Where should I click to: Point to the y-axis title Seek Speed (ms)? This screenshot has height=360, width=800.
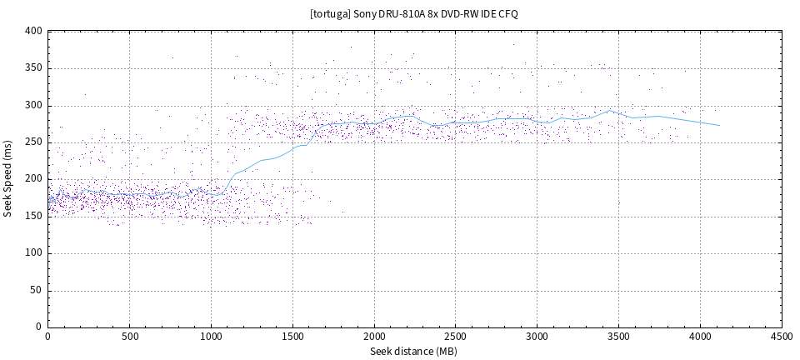tap(8, 179)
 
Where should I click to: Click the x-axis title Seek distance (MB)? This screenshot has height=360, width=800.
tap(414, 351)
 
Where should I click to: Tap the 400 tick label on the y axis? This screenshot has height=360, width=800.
tap(33, 31)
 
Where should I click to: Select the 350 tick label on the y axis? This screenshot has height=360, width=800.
tap(33, 68)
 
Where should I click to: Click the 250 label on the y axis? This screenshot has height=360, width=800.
tap(33, 142)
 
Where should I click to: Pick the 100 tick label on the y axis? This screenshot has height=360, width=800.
tap(33, 253)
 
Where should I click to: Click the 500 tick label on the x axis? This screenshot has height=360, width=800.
tap(129, 337)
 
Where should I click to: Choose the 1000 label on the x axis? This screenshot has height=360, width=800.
tap(211, 337)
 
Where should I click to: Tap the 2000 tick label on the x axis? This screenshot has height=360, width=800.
tap(374, 337)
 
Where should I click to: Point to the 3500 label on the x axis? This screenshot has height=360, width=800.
tap(619, 337)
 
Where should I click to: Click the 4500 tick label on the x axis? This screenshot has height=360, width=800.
tap(782, 337)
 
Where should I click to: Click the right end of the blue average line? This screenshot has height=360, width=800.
tap(719, 125)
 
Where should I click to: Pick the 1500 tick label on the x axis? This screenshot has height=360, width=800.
tap(292, 337)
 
